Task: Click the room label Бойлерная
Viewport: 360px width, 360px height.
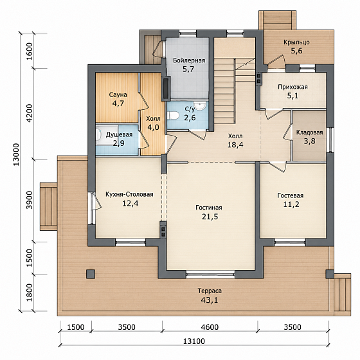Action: coord(189,60)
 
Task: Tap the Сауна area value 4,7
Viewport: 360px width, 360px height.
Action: coord(118,104)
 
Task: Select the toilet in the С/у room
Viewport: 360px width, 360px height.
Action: coord(173,115)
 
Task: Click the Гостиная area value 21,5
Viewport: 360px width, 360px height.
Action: coord(210,217)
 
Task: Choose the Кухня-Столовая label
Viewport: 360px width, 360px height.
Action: coord(129,194)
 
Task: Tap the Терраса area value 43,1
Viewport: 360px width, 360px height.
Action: coord(210,300)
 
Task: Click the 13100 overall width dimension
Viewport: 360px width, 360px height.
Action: coord(194,341)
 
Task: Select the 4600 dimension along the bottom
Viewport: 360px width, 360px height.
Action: coord(210,327)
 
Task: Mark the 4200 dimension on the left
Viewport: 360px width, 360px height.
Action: coord(30,113)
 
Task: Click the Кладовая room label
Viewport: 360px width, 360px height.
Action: coord(309,132)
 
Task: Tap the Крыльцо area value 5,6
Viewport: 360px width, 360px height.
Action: coord(296,51)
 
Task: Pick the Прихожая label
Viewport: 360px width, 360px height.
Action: coord(292,87)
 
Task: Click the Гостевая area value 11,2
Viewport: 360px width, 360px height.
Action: coord(291,204)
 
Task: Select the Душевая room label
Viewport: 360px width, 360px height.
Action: coord(119,134)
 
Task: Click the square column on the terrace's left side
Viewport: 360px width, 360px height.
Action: coord(91,274)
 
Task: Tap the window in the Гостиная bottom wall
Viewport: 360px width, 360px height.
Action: coord(210,274)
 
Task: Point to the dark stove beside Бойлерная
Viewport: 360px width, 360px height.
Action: coord(166,89)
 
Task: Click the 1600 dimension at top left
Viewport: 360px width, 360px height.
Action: coord(30,51)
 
